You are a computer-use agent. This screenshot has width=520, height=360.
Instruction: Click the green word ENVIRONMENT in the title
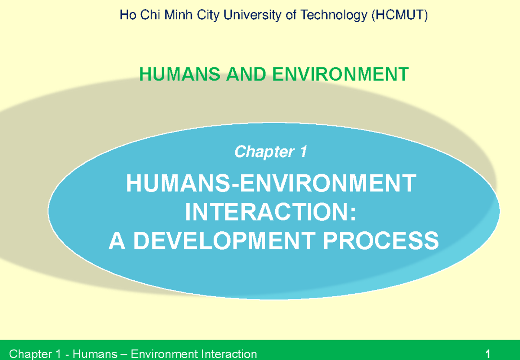click(x=341, y=75)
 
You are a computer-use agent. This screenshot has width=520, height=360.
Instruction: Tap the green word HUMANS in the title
click(x=178, y=75)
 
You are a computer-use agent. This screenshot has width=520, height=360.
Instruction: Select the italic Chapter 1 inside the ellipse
click(x=271, y=152)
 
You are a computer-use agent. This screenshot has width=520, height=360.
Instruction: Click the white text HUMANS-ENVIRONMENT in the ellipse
click(x=271, y=184)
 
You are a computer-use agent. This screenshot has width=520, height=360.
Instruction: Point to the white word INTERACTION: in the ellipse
click(x=271, y=212)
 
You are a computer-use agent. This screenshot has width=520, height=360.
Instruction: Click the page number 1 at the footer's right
click(x=488, y=354)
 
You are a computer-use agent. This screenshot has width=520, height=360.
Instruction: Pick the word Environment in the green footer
click(x=158, y=354)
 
